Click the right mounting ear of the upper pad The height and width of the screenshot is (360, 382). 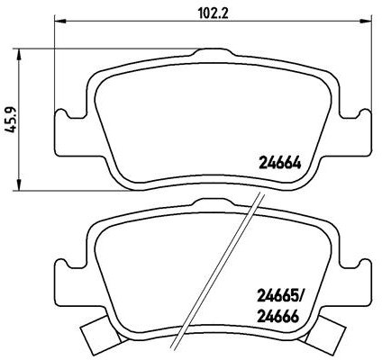coord(359,120)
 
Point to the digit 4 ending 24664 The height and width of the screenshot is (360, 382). coord(297,163)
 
